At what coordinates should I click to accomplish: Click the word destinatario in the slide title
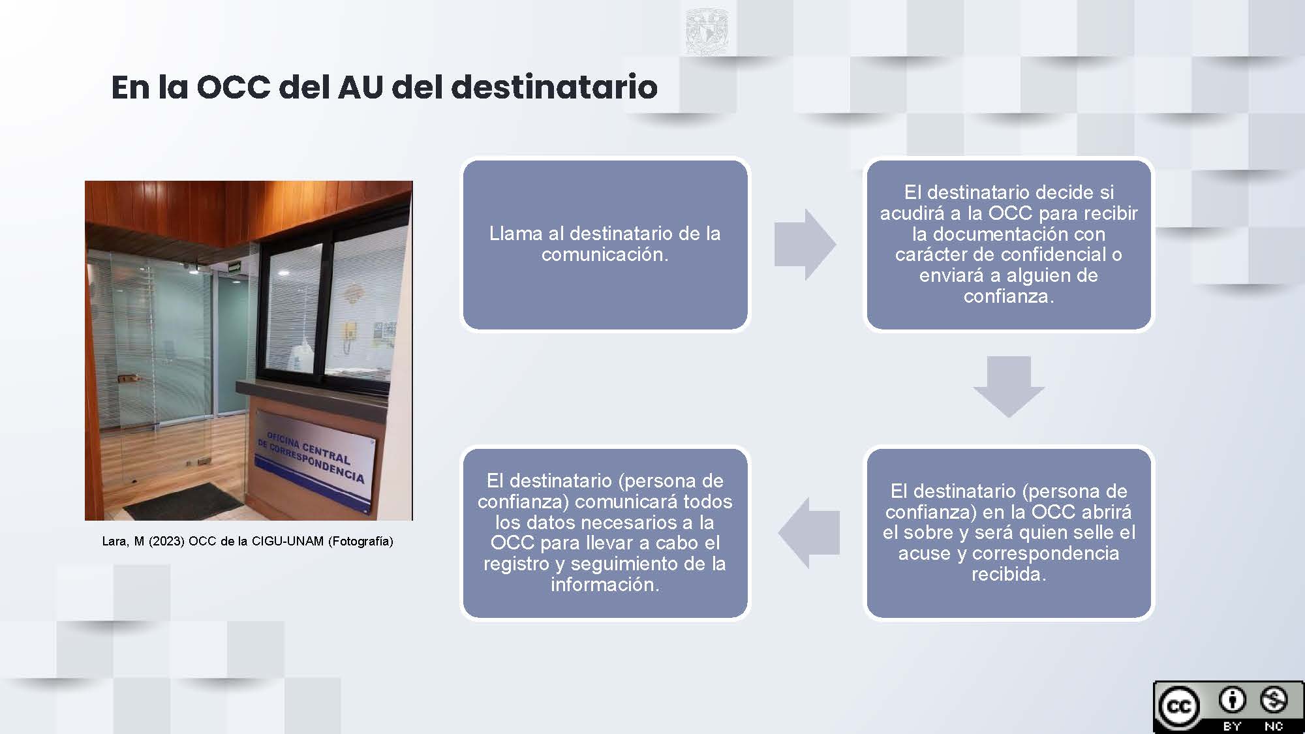(x=554, y=87)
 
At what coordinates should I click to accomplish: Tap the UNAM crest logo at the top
(x=708, y=31)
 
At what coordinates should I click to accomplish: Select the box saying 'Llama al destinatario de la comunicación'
(x=605, y=244)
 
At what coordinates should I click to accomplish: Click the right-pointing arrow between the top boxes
(x=805, y=245)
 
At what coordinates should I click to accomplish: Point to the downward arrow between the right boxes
(x=1009, y=387)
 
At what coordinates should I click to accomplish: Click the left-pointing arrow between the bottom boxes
(x=808, y=532)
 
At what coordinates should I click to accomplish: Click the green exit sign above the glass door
(x=234, y=266)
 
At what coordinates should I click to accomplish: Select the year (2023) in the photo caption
(x=167, y=542)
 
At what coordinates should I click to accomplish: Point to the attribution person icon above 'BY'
(x=1231, y=701)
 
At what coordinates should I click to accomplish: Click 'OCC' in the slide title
(x=233, y=87)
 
